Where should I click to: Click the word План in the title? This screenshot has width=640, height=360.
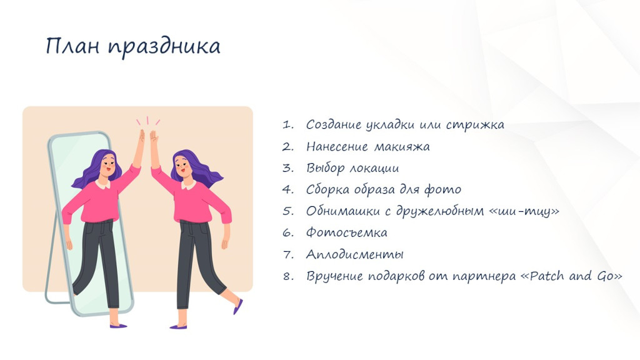coord(72,46)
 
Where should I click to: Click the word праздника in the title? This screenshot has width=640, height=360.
coord(164,47)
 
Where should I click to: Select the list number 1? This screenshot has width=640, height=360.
coord(287,125)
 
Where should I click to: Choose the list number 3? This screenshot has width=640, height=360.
coord(287,168)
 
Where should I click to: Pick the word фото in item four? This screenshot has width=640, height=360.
coord(443,189)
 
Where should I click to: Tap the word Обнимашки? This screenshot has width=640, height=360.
coord(344,211)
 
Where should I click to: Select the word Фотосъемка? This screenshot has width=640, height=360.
coord(346,232)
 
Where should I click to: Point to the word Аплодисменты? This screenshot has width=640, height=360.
coord(355,255)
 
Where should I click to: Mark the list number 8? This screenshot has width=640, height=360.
coord(287,276)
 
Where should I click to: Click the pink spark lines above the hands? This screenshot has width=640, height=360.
coord(147,121)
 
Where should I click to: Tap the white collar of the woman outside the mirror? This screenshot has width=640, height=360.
coord(188,185)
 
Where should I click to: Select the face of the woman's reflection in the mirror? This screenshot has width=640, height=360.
coord(109,165)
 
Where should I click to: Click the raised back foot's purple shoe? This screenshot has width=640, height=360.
coord(238,306)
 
